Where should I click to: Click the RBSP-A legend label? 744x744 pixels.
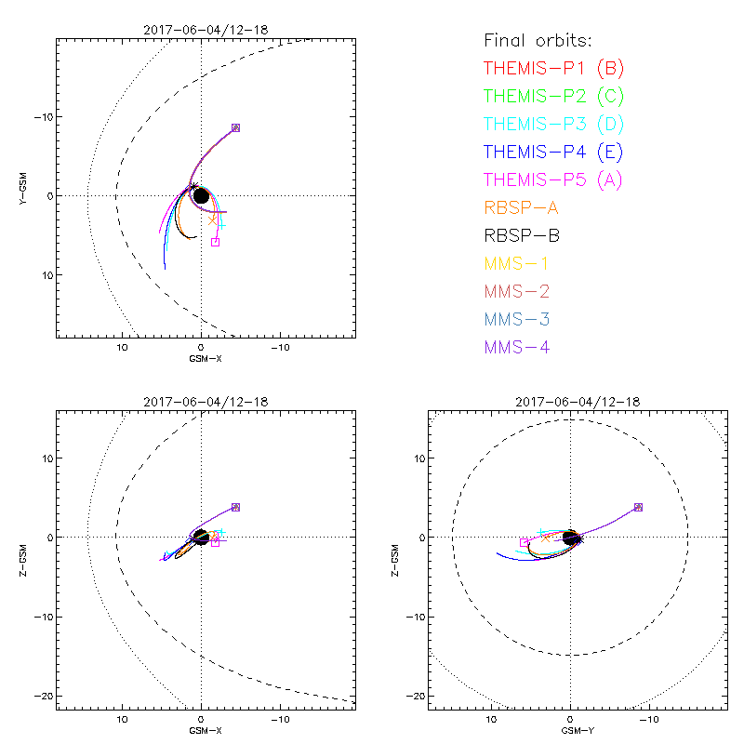[521, 207]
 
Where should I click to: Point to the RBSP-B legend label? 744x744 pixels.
[521, 235]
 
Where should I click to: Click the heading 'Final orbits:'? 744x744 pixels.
[538, 41]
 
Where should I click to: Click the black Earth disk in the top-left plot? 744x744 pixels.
[201, 195]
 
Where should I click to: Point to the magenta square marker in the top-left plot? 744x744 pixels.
[215, 242]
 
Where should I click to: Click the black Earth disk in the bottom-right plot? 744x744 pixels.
[572, 538]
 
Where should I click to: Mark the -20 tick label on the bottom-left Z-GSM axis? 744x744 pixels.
[41, 696]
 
